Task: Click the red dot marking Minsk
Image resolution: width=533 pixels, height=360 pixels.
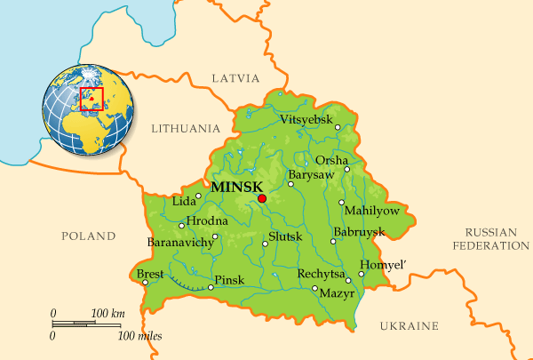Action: tap(261, 199)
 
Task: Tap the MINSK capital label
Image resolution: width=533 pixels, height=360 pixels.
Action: tap(237, 187)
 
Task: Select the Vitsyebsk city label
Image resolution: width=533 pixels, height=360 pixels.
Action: tap(306, 119)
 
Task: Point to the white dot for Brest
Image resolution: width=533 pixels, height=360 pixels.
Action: tap(145, 284)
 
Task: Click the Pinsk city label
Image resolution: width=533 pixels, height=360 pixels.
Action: tap(229, 280)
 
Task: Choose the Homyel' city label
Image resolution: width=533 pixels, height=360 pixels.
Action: tap(381, 264)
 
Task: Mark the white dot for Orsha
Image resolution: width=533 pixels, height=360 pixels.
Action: tap(347, 168)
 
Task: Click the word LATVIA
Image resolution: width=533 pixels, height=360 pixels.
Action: tap(235, 78)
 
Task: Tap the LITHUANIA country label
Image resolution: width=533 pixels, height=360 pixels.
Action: tap(186, 128)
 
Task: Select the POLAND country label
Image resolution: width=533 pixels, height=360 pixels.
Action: tap(88, 236)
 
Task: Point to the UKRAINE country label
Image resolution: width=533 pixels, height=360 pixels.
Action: tap(410, 326)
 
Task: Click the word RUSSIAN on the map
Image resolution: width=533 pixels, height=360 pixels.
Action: tap(484, 230)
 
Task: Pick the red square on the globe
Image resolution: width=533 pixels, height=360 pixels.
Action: tap(91, 99)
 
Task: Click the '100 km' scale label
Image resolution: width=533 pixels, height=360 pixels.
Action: tap(108, 314)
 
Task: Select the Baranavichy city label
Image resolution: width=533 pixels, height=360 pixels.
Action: tap(180, 242)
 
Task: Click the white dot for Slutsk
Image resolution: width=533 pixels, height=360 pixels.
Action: tap(264, 243)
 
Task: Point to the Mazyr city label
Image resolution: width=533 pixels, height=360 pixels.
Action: tap(337, 292)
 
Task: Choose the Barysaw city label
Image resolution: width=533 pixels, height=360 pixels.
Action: tap(311, 175)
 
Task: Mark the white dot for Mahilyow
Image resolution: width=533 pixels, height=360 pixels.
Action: tap(341, 203)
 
